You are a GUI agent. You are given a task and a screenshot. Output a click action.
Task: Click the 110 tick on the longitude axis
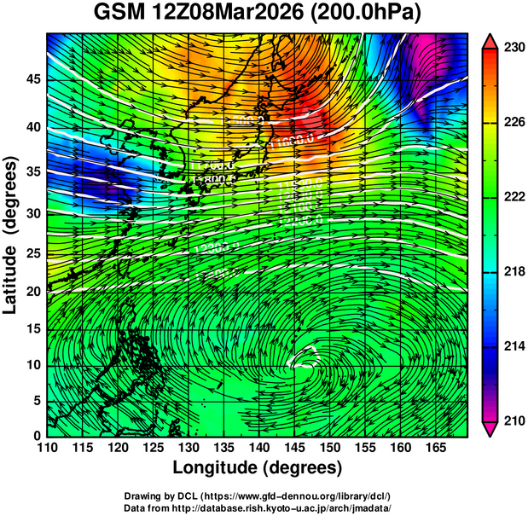coord(47,448)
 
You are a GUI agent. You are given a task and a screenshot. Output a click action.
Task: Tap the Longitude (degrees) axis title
coord(258,467)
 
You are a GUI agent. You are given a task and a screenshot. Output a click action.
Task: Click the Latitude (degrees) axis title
coord(12,235)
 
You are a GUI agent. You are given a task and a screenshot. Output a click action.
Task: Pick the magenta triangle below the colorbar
coord(490,428)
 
